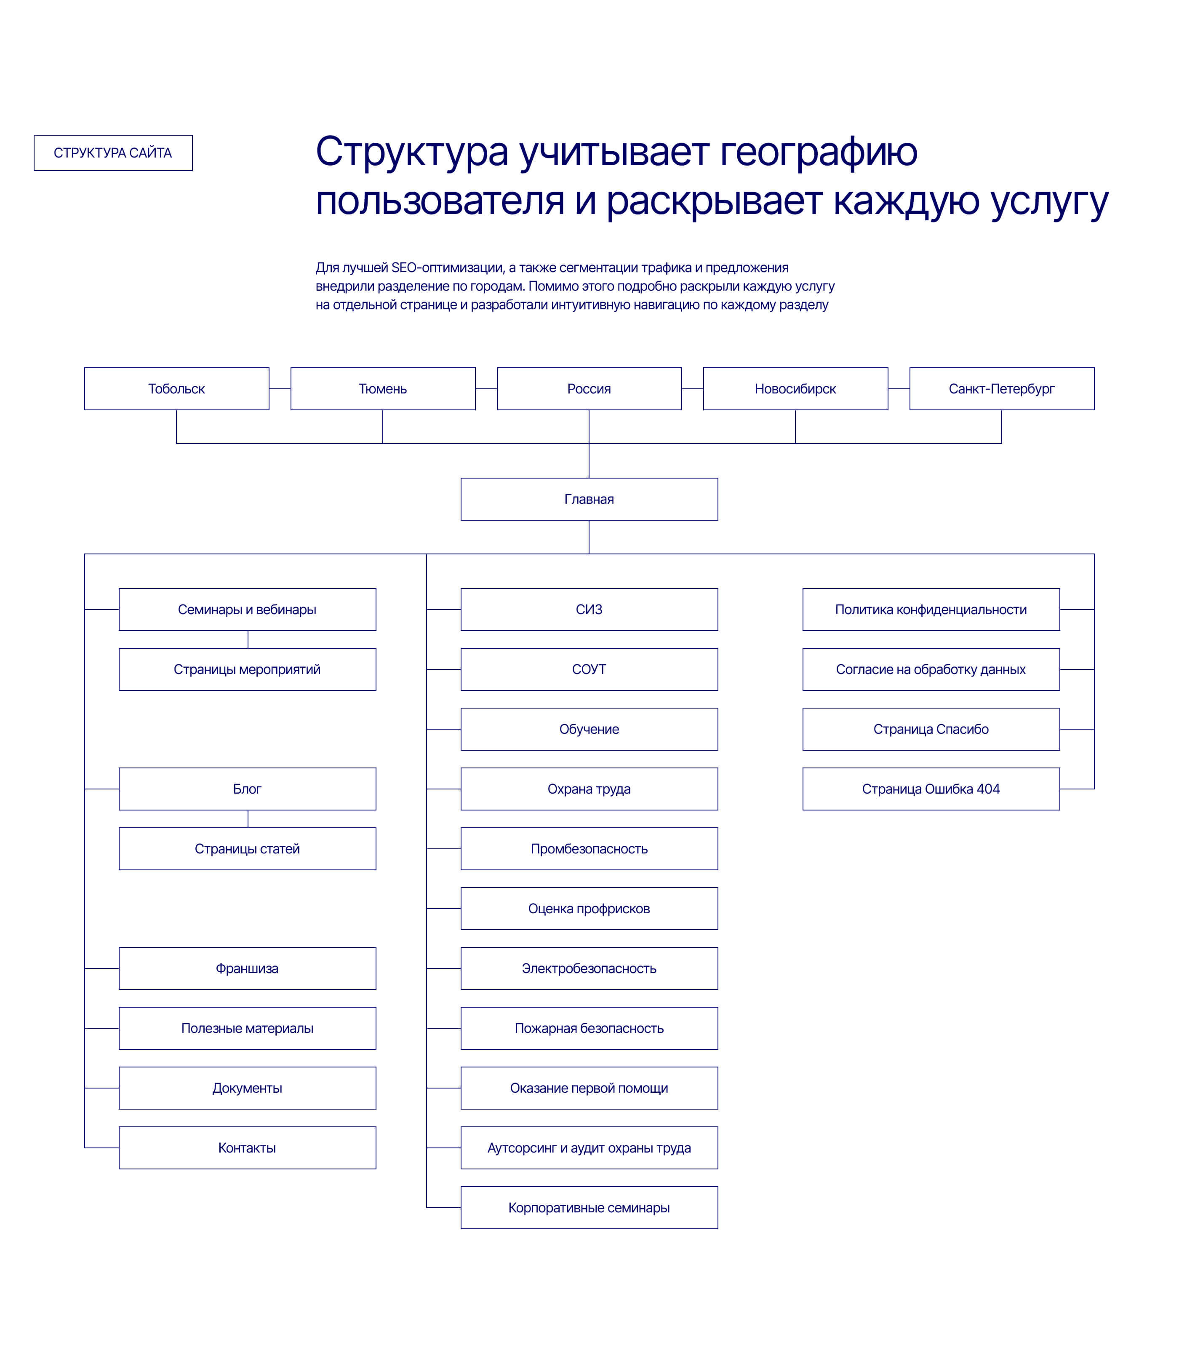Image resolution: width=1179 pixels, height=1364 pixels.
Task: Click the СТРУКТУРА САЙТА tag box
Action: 113,153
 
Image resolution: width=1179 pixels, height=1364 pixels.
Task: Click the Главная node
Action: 589,499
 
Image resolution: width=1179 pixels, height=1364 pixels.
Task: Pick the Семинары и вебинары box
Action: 248,610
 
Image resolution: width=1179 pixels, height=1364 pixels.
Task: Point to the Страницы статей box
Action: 248,848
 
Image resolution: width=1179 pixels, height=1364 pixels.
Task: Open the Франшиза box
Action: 248,968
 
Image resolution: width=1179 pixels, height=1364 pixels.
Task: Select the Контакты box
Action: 248,1148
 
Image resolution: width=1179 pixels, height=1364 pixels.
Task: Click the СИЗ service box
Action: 589,610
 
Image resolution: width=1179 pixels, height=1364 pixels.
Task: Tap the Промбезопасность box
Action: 589,848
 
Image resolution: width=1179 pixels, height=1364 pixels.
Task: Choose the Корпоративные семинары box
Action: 589,1208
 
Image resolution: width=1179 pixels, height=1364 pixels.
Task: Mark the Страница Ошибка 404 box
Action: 931,789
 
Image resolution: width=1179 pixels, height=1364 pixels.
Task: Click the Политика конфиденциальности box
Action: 931,610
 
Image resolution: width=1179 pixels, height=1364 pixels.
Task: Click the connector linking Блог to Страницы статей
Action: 248,819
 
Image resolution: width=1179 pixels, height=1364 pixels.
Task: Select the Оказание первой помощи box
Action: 589,1088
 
